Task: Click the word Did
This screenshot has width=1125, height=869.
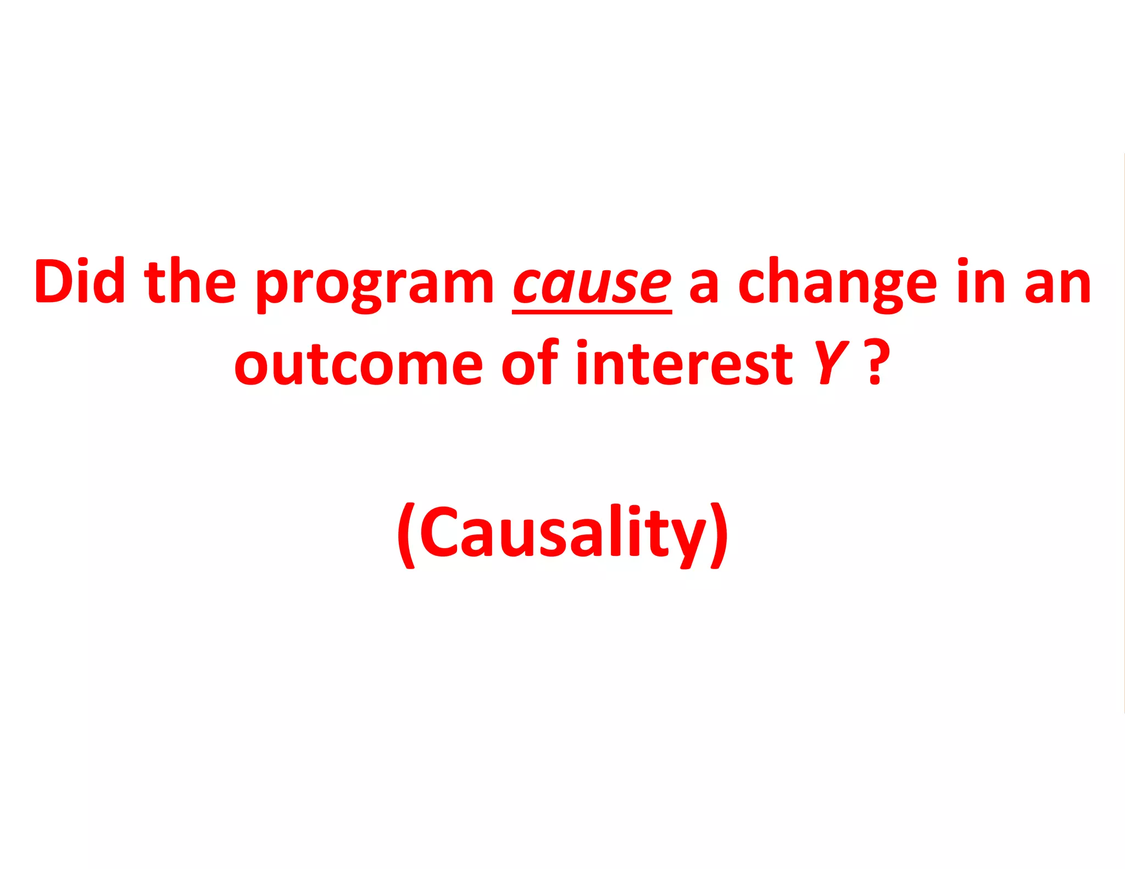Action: pos(79,281)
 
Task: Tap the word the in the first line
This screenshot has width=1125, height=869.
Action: pos(190,281)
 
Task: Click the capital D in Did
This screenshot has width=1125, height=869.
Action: pos(54,281)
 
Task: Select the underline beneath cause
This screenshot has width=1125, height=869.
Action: pos(592,311)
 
